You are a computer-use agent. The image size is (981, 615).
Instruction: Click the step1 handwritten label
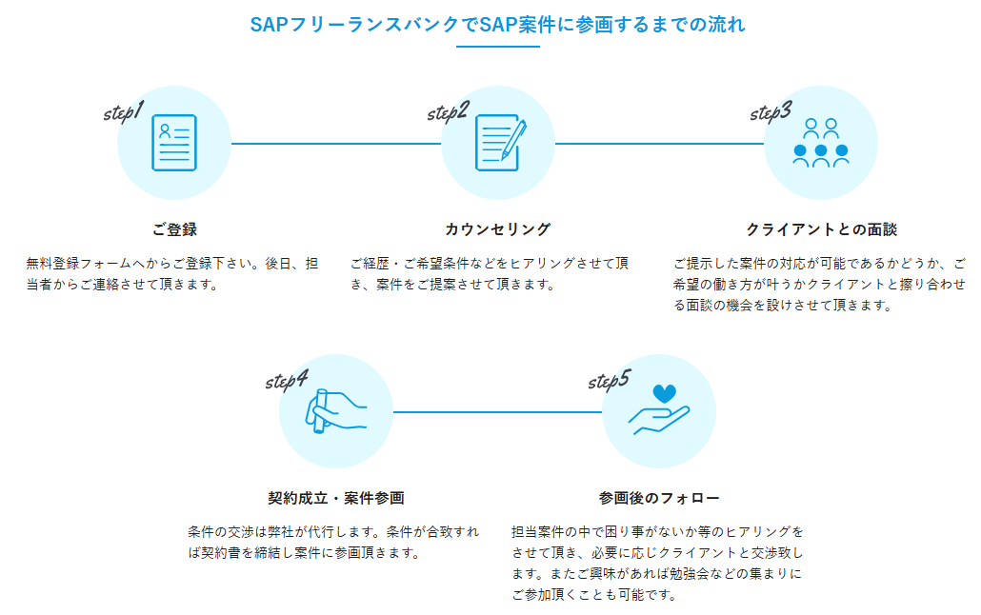pyautogui.click(x=124, y=111)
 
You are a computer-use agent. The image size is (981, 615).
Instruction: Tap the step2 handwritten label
pyautogui.click(x=448, y=111)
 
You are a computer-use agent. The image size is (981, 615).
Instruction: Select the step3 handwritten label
pyautogui.click(x=771, y=111)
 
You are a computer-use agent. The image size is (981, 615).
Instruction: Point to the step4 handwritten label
pyautogui.click(x=287, y=380)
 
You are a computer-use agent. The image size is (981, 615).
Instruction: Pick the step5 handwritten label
pyautogui.click(x=610, y=380)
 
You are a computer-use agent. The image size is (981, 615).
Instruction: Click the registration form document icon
pyautogui.click(x=174, y=143)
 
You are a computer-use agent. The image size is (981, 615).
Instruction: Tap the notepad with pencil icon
pyautogui.click(x=500, y=143)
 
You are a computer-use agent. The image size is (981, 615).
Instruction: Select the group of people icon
pyautogui.click(x=821, y=143)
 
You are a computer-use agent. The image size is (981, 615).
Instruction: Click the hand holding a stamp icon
pyautogui.click(x=335, y=411)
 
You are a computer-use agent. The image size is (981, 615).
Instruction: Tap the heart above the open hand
pyautogui.click(x=665, y=393)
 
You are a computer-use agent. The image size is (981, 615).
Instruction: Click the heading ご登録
pyautogui.click(x=174, y=229)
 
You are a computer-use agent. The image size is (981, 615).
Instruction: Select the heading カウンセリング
pyautogui.click(x=498, y=229)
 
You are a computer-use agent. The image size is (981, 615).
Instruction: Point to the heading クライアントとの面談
pyautogui.click(x=821, y=229)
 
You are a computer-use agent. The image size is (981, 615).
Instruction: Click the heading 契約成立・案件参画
pyautogui.click(x=336, y=498)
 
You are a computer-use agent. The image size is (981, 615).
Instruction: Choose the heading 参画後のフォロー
pyautogui.click(x=659, y=498)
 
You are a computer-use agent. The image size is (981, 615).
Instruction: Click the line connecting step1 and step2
pyautogui.click(x=336, y=143)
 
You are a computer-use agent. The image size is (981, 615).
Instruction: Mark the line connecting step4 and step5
pyautogui.click(x=497, y=411)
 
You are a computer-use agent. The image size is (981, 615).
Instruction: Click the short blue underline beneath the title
pyautogui.click(x=498, y=47)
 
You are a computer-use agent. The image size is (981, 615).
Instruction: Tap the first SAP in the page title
pyautogui.click(x=267, y=25)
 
